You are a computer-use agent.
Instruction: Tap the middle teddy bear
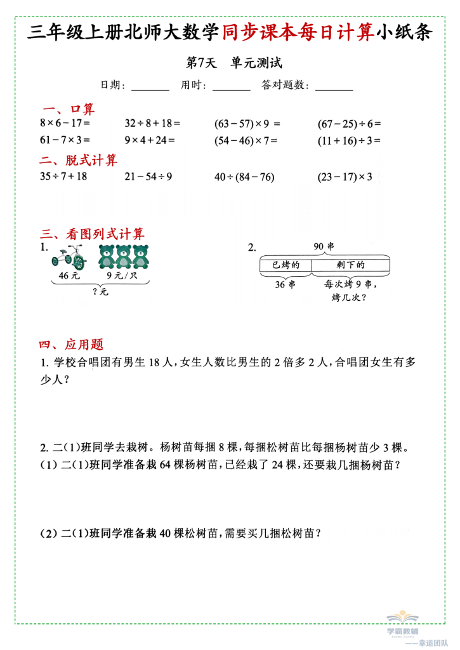pyautogui.click(x=124, y=256)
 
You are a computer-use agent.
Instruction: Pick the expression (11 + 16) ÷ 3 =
pyautogui.click(x=348, y=140)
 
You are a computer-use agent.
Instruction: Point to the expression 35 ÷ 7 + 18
pyautogui.click(x=63, y=177)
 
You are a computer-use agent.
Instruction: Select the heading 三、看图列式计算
pyautogui.click(x=92, y=233)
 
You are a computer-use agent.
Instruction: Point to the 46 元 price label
pyautogui.click(x=68, y=275)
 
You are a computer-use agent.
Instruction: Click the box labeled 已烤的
pyautogui.click(x=285, y=265)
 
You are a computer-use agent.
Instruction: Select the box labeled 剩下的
pyautogui.click(x=349, y=265)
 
